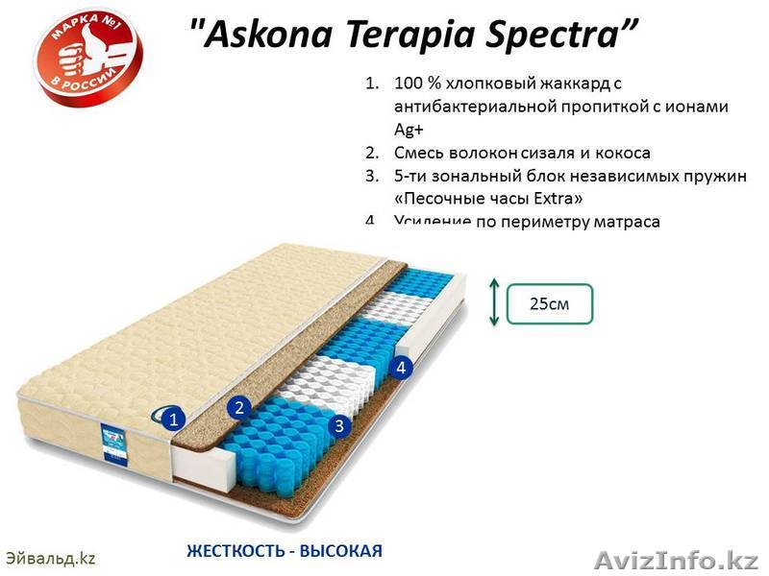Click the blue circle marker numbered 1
coord(172,419)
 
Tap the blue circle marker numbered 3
coord(337,425)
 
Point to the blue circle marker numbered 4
coord(402,367)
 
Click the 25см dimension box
coord(549,303)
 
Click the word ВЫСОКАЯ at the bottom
coord(341,551)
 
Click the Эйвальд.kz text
coord(51,558)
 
